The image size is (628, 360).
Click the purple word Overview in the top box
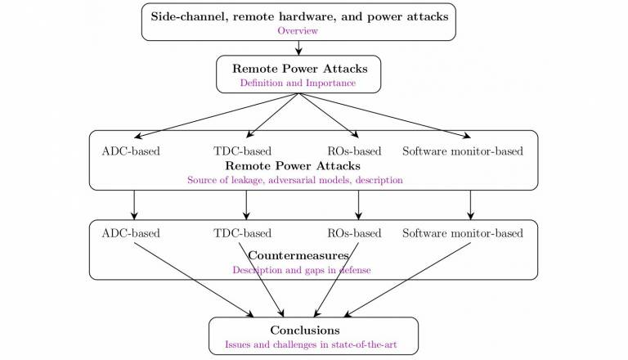(x=298, y=31)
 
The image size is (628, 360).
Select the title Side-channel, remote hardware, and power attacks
(x=299, y=16)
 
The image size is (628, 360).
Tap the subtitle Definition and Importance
(x=298, y=83)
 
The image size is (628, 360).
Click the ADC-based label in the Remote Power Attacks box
(x=131, y=151)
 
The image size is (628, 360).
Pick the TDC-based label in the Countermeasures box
(x=242, y=233)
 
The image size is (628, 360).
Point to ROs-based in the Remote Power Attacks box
(x=354, y=151)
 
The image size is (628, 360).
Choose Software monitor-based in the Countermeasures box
(x=463, y=233)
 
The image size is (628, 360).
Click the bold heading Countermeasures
(x=298, y=255)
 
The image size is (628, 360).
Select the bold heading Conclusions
(x=305, y=331)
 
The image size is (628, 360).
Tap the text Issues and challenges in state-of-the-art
(x=311, y=344)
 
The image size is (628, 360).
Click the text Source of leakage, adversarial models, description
(x=295, y=180)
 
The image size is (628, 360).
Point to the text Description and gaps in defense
(x=302, y=270)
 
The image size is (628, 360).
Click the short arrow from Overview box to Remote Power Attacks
(x=298, y=47)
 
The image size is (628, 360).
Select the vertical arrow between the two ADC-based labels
(x=134, y=205)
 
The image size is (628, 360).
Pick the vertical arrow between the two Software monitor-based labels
(x=471, y=205)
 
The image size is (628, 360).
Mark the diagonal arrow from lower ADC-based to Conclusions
(x=194, y=280)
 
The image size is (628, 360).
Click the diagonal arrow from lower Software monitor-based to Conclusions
(x=407, y=280)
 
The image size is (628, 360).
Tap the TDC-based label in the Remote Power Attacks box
(x=242, y=151)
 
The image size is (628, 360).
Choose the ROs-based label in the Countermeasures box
(x=354, y=233)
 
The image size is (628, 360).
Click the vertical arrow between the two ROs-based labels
(x=358, y=205)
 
